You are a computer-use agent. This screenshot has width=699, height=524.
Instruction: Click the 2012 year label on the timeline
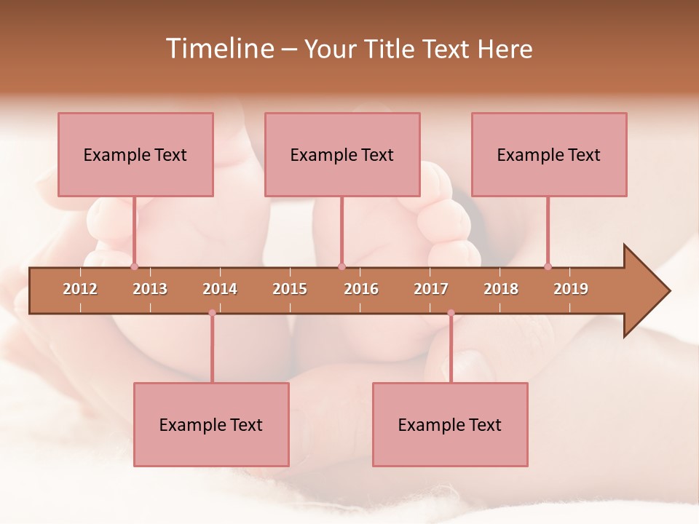click(80, 289)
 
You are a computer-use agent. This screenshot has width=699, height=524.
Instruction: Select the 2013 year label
click(150, 289)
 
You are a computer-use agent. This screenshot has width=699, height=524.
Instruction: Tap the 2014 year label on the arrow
click(220, 289)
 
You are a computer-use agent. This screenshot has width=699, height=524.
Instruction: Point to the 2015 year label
click(290, 289)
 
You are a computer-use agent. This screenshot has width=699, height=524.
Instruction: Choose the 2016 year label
click(361, 289)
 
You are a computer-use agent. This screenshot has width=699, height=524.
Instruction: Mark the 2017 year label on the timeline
click(431, 289)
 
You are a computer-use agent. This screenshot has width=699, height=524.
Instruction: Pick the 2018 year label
click(501, 289)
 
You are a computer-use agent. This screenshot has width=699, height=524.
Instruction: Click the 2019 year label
click(571, 289)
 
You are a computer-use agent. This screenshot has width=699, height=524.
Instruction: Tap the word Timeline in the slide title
click(218, 49)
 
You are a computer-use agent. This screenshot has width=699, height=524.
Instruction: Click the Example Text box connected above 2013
click(135, 154)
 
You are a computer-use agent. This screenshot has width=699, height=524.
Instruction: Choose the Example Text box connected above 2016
click(342, 154)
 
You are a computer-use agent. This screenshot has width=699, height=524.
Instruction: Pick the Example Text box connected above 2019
click(549, 154)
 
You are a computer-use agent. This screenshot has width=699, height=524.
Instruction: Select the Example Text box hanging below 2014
click(211, 424)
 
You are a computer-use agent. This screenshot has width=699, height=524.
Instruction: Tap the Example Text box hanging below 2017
click(450, 424)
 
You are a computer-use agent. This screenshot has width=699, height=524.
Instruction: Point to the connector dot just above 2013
click(134, 266)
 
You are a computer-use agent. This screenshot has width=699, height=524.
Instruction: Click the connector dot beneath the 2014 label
click(212, 313)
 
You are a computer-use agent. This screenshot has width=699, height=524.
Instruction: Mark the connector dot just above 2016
click(341, 266)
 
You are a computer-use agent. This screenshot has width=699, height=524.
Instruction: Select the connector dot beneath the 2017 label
click(451, 313)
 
